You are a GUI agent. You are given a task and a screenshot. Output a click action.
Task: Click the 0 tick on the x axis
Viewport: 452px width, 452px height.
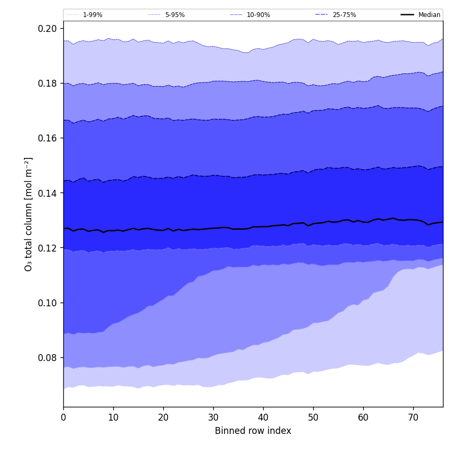click(63, 417)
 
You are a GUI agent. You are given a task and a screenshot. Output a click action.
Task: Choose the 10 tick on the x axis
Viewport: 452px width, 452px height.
click(113, 417)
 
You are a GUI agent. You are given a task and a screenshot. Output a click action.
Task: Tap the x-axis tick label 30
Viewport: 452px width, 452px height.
click(213, 417)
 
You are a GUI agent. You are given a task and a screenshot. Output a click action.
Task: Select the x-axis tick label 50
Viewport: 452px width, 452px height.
click(313, 417)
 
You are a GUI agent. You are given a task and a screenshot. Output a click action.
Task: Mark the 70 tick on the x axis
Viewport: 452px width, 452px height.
click(413, 417)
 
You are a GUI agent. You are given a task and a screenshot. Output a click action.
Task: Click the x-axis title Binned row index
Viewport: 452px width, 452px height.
click(253, 431)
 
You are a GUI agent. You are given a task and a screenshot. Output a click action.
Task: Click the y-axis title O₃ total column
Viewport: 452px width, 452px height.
click(29, 214)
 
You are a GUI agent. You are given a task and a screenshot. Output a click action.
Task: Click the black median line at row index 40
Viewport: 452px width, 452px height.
click(263, 227)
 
